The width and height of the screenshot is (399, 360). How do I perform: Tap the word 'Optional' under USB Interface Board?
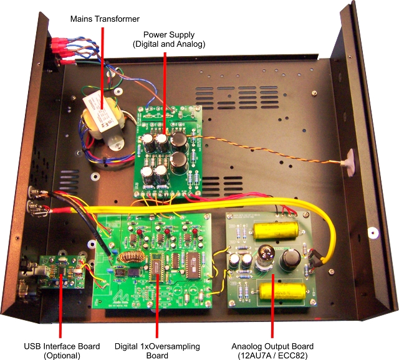tap(59, 356)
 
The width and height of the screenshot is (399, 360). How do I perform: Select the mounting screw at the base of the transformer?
tap(112, 144)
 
